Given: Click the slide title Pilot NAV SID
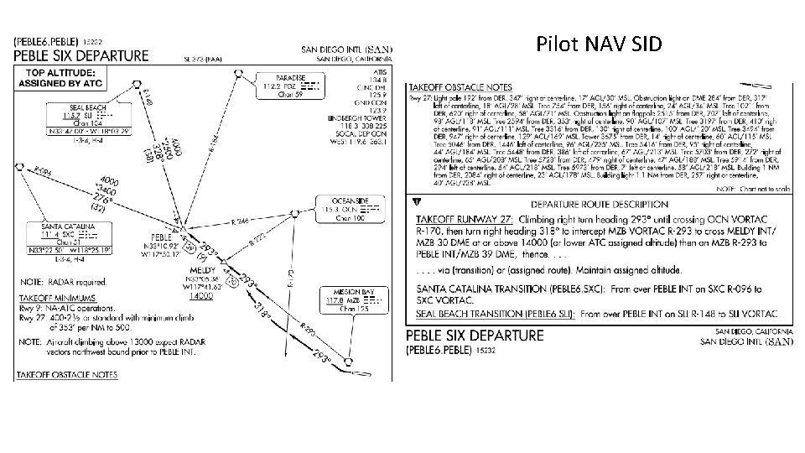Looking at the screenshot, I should [600, 44].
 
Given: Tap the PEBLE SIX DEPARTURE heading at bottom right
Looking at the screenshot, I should [475, 336].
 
